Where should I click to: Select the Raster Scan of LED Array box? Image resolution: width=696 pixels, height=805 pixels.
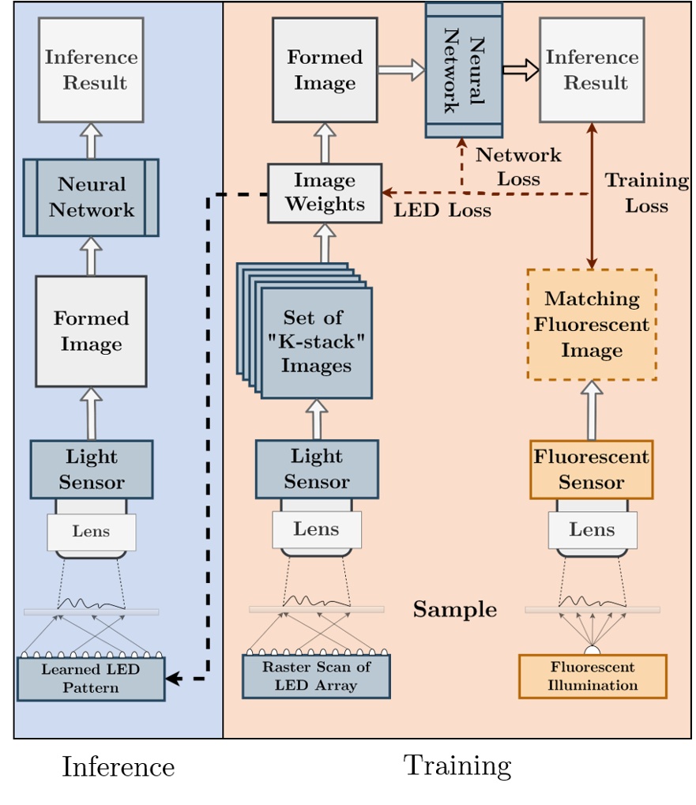coord(316,676)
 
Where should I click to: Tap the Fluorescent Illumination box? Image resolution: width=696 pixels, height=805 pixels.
coord(593,677)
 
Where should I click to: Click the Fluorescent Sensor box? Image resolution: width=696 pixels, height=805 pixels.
coord(591,470)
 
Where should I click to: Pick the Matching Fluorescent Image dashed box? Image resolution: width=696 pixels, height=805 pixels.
coord(592,325)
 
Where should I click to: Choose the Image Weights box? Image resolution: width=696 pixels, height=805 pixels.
coord(325,193)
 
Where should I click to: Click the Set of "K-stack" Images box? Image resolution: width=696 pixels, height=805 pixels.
coord(315,342)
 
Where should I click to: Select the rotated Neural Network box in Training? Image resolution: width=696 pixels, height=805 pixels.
coord(464,70)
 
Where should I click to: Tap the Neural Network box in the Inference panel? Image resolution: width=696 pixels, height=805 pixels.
coord(91,197)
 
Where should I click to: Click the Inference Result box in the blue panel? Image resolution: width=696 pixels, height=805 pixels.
coord(91,70)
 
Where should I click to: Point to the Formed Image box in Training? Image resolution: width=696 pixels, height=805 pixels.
coord(325,70)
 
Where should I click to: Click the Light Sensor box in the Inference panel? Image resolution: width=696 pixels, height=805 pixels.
coord(91,469)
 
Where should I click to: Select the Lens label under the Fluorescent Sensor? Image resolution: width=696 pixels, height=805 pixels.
coord(592,530)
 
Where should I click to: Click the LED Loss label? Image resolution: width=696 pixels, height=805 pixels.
coord(442,211)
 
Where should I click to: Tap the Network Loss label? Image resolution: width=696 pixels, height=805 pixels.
coord(518,167)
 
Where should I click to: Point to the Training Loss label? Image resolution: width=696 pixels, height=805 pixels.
coord(646,193)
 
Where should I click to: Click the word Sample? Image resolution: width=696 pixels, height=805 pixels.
coord(455,610)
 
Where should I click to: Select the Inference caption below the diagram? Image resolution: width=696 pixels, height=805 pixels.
coord(118,767)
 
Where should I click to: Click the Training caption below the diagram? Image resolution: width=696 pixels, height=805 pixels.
coord(457,766)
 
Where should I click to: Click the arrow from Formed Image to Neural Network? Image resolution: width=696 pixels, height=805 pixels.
coord(401,70)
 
